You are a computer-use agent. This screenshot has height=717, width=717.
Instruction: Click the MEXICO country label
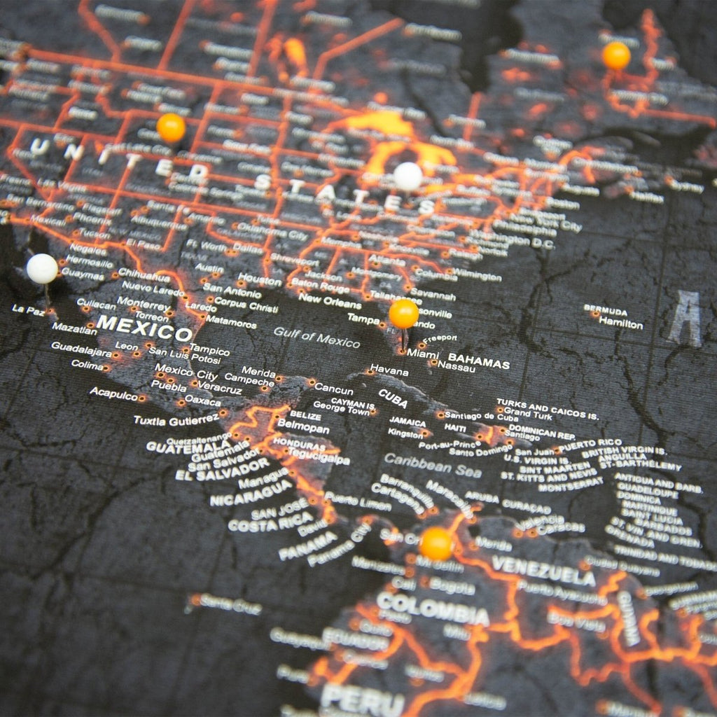(144, 328)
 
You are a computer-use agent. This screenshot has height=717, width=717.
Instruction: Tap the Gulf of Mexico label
(316, 338)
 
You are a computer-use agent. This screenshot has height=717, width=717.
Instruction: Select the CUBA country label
(393, 398)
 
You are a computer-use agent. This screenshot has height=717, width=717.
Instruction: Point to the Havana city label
(389, 370)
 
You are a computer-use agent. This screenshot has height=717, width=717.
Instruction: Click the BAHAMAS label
(479, 362)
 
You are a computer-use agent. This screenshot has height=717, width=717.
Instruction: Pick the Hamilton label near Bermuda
(620, 324)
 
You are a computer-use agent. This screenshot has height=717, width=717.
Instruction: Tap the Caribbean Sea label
(433, 464)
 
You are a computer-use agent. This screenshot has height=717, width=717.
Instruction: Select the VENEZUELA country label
(543, 570)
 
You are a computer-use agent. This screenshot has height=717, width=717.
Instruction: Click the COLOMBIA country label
(432, 608)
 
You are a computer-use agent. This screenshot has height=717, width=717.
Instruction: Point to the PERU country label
(362, 699)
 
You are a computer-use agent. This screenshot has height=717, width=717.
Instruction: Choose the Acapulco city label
(113, 394)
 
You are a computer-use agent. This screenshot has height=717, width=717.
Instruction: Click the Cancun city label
(333, 387)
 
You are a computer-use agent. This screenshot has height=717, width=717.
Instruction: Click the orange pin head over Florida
(404, 313)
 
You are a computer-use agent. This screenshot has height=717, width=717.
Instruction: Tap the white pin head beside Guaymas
(42, 269)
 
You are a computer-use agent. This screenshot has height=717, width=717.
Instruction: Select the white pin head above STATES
(408, 176)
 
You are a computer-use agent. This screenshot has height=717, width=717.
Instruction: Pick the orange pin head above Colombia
(436, 543)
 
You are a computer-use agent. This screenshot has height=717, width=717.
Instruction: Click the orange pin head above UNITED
(171, 127)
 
